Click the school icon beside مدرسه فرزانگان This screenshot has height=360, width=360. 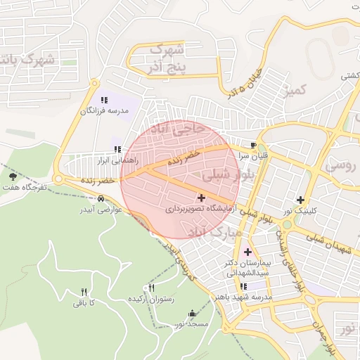pos(104,100)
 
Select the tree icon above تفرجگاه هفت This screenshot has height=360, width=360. pos(13,176)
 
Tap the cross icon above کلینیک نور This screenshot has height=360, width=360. pos(301,199)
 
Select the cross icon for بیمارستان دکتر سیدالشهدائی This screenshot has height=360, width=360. pos(247,251)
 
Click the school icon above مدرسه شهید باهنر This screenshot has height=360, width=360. pos(243,286)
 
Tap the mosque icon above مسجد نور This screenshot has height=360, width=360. pos(193,314)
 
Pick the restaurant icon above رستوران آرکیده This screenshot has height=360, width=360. pos(150,288)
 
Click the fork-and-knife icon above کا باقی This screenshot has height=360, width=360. pos(84,292)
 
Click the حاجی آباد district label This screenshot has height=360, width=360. pos(181,131)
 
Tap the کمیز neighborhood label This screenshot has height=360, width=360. pos(293,89)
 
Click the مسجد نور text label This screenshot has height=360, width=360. pos(192,324)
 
